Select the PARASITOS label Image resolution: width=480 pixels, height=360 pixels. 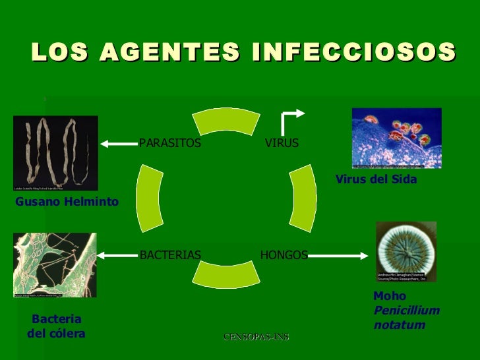[x=170, y=143]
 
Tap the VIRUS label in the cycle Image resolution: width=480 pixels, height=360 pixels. [x=282, y=143]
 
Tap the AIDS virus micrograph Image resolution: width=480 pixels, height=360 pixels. [x=396, y=137]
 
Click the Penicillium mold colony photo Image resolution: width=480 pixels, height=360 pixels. [x=406, y=252]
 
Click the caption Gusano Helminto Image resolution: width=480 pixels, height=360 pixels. [x=66, y=201]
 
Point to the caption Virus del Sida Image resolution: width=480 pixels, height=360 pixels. [x=376, y=179]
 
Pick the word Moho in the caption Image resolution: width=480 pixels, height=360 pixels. [x=390, y=297]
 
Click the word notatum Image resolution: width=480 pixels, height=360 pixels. [x=399, y=326]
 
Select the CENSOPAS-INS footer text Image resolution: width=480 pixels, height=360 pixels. [x=256, y=338]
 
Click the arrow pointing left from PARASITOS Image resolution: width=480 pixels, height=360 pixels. [x=119, y=143]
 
